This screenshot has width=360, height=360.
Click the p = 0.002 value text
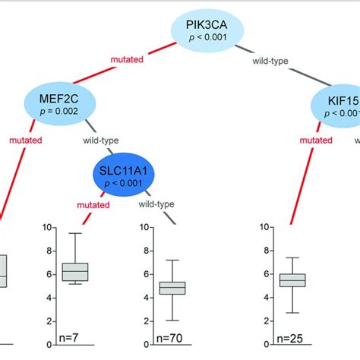tap(63, 112)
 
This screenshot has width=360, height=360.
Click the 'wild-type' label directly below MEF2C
tap(99, 140)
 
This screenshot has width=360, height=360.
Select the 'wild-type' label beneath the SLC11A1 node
tap(156, 204)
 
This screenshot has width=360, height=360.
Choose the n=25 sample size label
tap(295, 336)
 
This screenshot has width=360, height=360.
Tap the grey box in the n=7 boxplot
tap(75, 271)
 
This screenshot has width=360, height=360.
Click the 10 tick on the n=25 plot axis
tap(264, 227)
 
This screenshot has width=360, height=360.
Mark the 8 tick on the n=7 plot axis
tap(48, 251)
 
